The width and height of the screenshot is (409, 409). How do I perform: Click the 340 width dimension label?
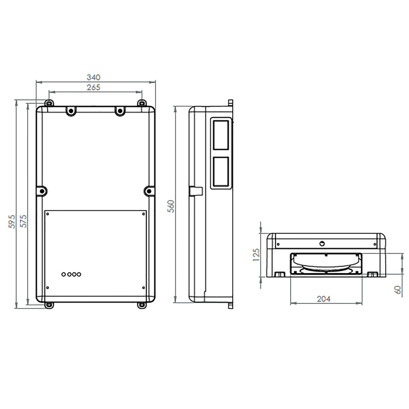point(93,77)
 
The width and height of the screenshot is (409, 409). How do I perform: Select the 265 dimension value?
point(93,87)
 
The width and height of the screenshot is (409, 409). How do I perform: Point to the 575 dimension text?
point(23,221)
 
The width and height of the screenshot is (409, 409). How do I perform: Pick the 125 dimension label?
point(256,255)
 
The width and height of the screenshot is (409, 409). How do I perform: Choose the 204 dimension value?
point(323,298)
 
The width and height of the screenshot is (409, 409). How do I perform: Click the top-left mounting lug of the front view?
point(49,103)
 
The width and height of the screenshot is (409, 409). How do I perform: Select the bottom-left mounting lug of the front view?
point(49,305)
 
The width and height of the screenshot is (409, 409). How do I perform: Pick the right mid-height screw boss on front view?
point(149,191)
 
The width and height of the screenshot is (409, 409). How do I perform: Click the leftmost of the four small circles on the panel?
point(64,274)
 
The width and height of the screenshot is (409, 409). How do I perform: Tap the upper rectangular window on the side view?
point(221,135)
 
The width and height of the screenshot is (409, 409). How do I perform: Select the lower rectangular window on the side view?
point(221,171)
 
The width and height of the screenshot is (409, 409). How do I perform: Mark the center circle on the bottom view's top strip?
point(322,244)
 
